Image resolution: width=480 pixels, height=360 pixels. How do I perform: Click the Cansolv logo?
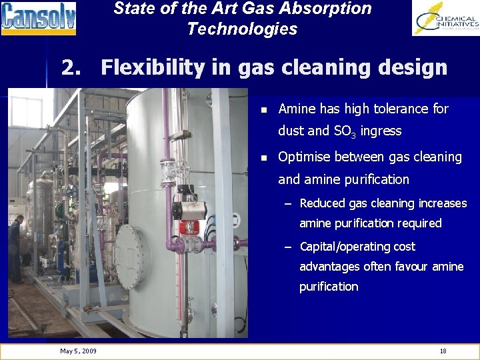39,18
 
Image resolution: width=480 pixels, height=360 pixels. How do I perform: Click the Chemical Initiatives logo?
445,18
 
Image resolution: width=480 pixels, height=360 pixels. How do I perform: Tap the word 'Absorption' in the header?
330,9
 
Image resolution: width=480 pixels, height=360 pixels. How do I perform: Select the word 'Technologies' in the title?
242,29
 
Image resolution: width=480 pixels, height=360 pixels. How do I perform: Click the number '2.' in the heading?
73,67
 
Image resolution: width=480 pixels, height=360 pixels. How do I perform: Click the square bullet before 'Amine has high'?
263,109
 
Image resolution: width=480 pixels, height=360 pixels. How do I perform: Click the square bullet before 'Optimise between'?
263,158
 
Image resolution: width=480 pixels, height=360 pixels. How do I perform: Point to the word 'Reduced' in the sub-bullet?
323,203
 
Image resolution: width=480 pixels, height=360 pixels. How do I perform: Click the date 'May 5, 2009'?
78,351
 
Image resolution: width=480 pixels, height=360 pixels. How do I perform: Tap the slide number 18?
443,351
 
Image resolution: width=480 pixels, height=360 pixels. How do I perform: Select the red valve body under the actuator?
190,227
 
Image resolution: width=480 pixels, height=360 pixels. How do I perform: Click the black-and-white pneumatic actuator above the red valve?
189,209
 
